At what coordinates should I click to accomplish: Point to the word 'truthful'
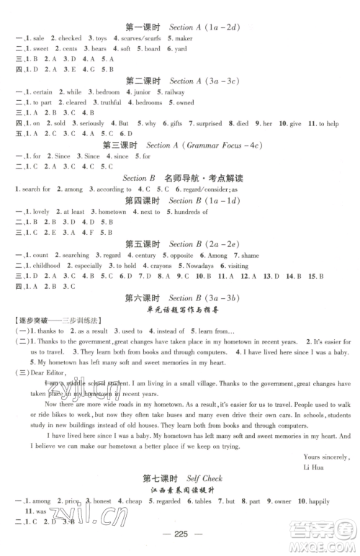coord(112,102)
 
